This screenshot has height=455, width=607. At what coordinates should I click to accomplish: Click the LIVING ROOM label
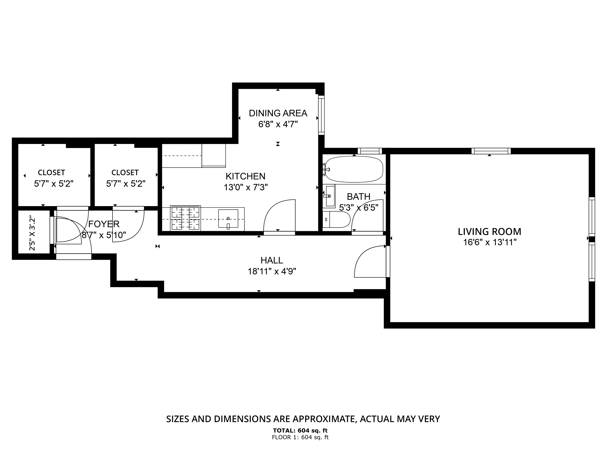click(x=489, y=232)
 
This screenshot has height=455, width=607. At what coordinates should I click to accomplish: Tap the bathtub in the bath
click(x=354, y=169)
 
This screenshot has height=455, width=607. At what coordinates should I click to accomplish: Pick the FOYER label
click(x=104, y=224)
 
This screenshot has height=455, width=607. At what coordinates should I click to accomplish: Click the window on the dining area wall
click(x=321, y=115)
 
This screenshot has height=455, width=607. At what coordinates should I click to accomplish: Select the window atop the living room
click(x=491, y=151)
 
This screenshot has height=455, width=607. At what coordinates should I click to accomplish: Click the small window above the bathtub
click(x=370, y=151)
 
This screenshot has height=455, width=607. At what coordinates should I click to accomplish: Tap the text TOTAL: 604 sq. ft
click(x=300, y=431)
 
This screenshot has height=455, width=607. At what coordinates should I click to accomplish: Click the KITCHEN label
click(x=245, y=176)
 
